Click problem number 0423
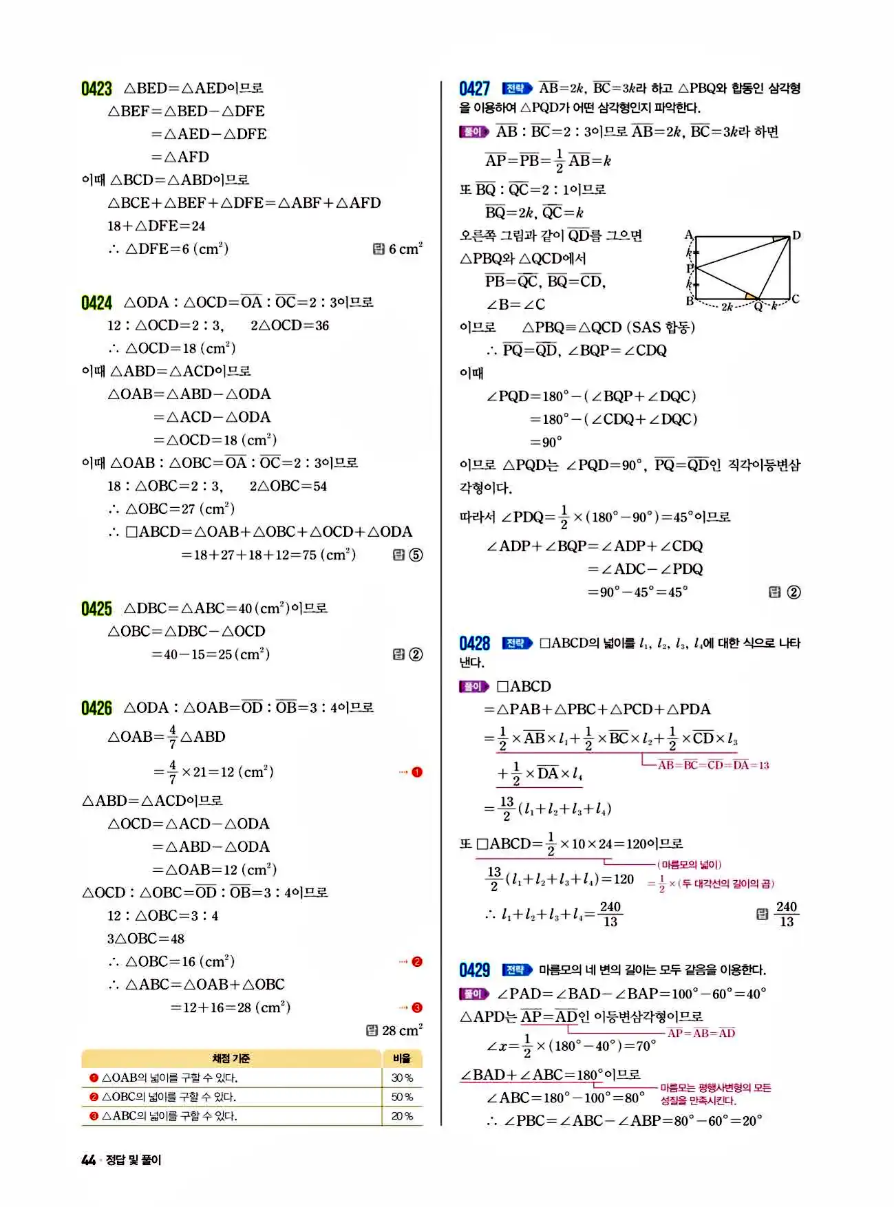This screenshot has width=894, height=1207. tap(96, 89)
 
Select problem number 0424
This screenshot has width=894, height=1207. tap(96, 303)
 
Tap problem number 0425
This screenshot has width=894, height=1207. tap(96, 609)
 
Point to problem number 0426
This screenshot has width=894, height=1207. tap(96, 708)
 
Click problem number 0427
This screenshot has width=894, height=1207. tap(474, 89)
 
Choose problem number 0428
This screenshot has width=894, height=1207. tap(474, 643)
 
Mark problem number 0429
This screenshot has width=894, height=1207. tap(474, 970)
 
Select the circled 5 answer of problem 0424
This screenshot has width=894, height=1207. tap(416, 555)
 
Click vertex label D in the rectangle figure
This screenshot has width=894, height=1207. tap(796, 235)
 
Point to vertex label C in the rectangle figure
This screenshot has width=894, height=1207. tap(796, 299)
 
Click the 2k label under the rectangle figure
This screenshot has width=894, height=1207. tap(727, 307)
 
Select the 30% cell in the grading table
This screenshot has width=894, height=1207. tap(402, 1078)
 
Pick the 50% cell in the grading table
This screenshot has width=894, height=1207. tap(402, 1097)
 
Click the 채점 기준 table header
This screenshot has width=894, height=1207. tap(231, 1058)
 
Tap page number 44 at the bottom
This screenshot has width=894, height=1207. tap(88, 1160)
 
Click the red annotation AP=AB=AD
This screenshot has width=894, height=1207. tap(701, 1033)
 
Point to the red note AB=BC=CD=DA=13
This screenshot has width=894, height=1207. tap(713, 765)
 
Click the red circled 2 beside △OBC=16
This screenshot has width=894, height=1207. tap(416, 962)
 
